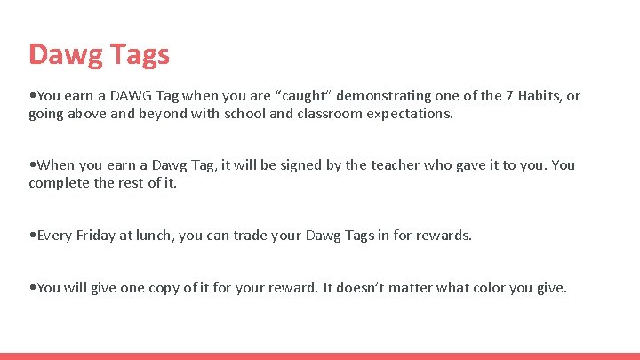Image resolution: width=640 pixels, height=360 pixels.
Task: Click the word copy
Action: (159, 288)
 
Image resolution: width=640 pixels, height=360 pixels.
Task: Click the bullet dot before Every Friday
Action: (32, 236)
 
